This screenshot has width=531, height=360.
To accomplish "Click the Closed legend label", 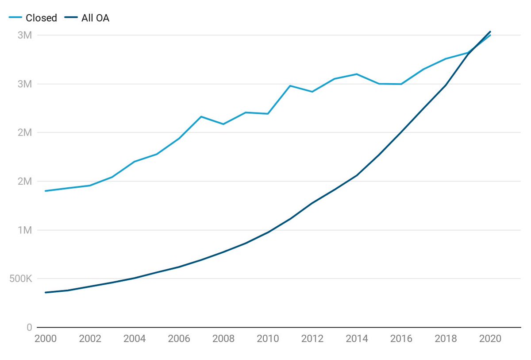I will [42, 18].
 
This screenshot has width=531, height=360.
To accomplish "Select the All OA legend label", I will [95, 18].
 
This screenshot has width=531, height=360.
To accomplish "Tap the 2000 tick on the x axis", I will [46, 339].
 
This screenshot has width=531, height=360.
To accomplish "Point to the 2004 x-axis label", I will [135, 339].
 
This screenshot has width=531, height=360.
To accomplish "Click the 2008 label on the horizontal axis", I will [223, 339].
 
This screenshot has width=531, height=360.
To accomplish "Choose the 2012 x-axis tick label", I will [312, 339].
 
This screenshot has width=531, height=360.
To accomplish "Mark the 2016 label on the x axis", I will [401, 339].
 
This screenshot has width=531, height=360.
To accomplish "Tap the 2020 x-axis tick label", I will [490, 339].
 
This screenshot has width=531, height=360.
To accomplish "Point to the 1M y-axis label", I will [25, 230].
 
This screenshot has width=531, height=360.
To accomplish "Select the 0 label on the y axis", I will [29, 328].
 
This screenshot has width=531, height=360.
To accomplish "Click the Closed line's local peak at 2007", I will [201, 116].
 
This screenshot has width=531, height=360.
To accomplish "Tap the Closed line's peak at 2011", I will [290, 85].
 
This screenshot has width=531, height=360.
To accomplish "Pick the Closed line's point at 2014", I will [357, 74].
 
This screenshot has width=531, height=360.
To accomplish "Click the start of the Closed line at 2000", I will [46, 191].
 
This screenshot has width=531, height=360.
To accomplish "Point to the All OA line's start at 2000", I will [46, 292].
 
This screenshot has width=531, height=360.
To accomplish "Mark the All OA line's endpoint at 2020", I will [490, 31].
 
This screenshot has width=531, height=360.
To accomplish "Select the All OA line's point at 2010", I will [268, 232].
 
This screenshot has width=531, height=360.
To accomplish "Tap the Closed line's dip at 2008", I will [223, 124].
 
